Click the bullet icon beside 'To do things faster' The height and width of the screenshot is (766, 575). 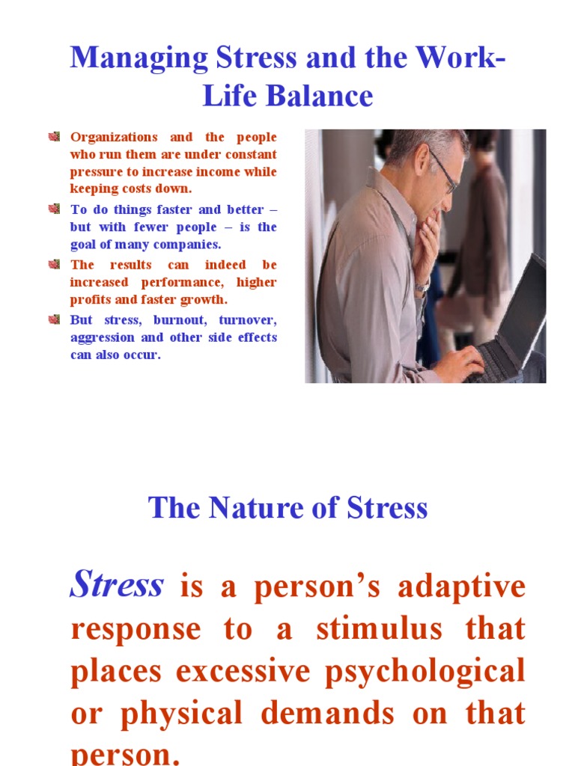[54, 209]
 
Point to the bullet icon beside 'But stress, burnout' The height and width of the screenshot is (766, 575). [54, 319]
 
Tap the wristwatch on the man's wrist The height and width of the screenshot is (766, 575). [423, 287]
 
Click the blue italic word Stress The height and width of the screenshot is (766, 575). [116, 584]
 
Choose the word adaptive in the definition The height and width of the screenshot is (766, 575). [461, 588]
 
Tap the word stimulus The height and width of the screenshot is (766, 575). [379, 630]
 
